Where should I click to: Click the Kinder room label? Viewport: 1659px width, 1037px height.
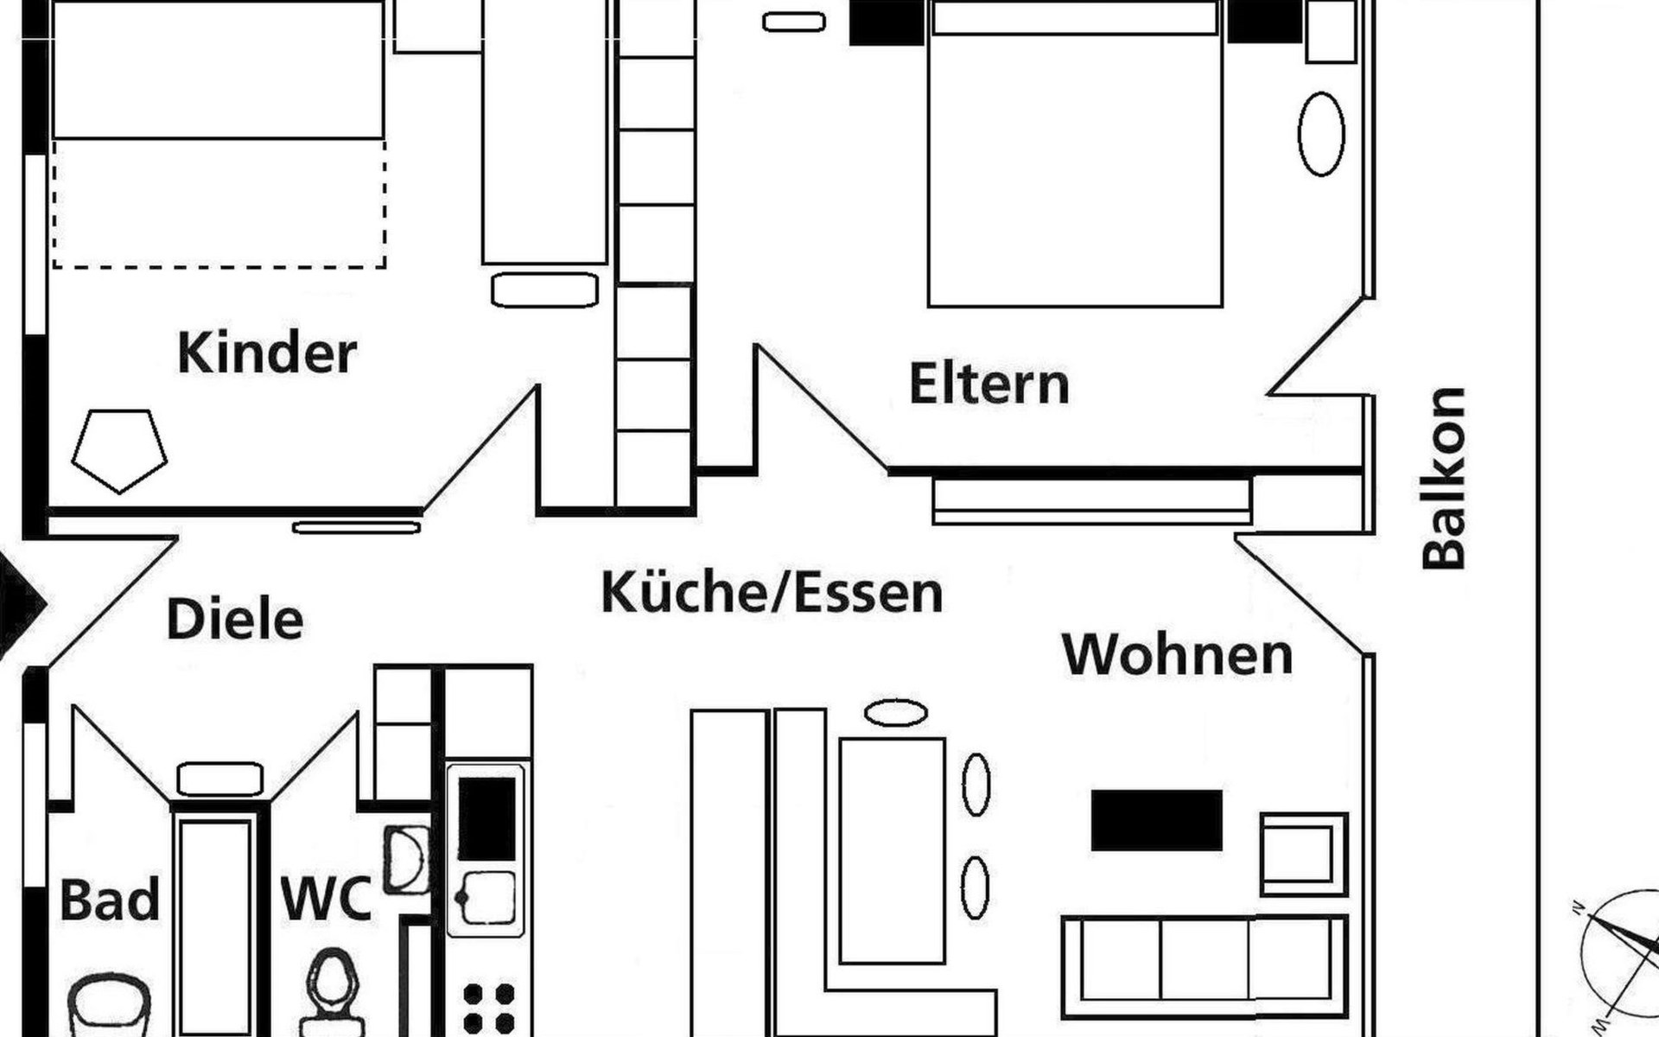click(267, 353)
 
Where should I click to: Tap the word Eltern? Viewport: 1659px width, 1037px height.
click(989, 385)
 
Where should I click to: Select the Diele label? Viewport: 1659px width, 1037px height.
click(234, 619)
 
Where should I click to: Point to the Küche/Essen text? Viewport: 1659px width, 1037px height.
click(772, 593)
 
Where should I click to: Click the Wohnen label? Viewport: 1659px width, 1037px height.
click(1177, 655)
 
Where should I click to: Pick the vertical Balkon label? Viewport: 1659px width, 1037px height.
click(1445, 478)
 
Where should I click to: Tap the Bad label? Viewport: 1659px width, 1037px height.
click(110, 900)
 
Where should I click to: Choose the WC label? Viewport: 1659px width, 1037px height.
click(326, 899)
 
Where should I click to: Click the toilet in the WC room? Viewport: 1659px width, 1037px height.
click(333, 989)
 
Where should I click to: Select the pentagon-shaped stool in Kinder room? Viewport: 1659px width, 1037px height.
click(119, 449)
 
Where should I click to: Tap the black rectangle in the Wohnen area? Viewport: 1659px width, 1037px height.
click(1157, 820)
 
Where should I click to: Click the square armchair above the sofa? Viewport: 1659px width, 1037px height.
click(1303, 854)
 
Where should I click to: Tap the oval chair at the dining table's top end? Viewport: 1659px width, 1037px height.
click(895, 713)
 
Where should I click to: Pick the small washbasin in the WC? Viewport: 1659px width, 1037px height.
click(406, 859)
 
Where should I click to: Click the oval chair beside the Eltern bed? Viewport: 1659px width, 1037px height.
click(1321, 135)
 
